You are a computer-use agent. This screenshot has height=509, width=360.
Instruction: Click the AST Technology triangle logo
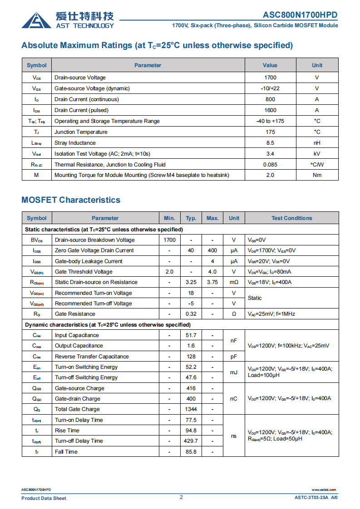pos(36,20)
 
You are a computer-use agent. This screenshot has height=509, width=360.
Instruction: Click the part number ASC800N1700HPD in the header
pos(300,15)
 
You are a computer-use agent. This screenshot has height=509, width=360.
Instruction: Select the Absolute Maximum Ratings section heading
pos(157,45)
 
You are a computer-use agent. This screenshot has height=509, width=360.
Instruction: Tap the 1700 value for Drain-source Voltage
pos(270,78)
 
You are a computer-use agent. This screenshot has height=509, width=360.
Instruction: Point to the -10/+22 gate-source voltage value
pos(270,88)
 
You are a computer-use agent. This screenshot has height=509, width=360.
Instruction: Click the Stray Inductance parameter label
pos(75,143)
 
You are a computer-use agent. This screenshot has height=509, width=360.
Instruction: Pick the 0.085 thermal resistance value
pos(270,165)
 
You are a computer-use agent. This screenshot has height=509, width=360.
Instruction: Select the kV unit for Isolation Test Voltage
pos(317,154)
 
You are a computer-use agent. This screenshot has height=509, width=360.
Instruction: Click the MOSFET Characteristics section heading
pos(71,200)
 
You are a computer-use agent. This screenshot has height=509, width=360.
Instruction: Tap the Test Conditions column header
pos(292,218)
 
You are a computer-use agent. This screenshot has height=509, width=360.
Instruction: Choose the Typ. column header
pos(191,218)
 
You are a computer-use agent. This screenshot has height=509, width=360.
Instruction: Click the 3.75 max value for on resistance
pos(212,282)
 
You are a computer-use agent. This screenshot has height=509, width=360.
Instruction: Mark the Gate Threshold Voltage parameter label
pos(84,272)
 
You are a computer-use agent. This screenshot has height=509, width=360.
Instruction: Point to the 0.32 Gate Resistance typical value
pos(191,314)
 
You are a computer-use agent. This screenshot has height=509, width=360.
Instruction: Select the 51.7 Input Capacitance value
pos(191,335)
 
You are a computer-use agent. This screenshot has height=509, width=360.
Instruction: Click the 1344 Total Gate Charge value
pos(191,409)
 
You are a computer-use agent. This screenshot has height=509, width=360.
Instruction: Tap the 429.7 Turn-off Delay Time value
pos(191,441)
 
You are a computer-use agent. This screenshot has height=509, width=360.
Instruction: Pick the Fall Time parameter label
pos(66,452)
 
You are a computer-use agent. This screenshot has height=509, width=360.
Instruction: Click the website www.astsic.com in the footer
pos(324,490)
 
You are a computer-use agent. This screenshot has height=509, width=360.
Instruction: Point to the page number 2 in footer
pos(181,497)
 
